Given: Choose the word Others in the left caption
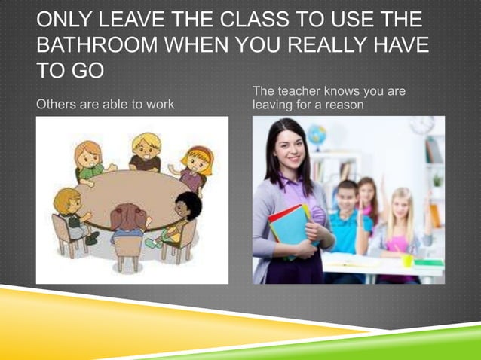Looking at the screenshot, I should click(57, 104).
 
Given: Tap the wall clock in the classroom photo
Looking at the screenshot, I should click(422, 124).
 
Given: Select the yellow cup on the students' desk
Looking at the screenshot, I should click(406, 260).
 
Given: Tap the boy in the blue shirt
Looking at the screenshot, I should click(348, 218).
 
